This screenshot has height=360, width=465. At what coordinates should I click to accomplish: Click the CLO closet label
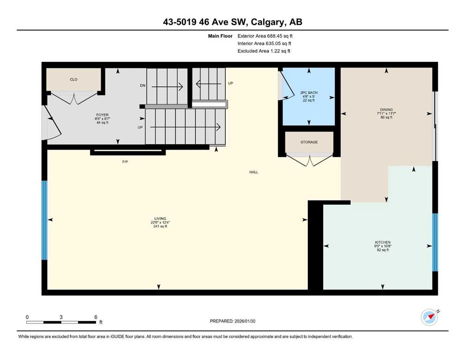(74, 80)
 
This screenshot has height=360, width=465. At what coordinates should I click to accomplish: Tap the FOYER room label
(102, 115)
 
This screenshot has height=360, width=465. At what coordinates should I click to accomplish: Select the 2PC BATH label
(309, 93)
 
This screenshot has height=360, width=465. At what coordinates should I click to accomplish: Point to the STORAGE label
(309, 142)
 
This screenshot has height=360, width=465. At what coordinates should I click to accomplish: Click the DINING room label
(386, 110)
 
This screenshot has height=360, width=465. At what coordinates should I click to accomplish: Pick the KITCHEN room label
(383, 242)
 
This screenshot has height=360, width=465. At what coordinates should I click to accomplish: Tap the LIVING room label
(160, 219)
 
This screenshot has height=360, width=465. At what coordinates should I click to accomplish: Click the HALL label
(253, 172)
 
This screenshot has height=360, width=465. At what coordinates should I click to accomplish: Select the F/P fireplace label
(125, 162)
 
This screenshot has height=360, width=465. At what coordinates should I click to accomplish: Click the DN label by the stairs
(143, 85)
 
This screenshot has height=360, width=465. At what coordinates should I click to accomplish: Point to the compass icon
(429, 317)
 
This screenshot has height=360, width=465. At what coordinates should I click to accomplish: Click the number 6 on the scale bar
(96, 317)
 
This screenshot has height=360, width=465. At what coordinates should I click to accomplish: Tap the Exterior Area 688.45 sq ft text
(265, 36)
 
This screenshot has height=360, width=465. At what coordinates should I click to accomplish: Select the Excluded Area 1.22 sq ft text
(264, 51)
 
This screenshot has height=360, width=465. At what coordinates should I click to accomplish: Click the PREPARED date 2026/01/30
(244, 321)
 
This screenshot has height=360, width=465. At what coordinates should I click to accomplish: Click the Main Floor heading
(220, 36)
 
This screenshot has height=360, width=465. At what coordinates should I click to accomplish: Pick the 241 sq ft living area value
(160, 226)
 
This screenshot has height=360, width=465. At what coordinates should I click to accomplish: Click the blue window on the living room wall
(44, 220)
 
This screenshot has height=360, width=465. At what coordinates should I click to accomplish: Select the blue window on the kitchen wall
(435, 242)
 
